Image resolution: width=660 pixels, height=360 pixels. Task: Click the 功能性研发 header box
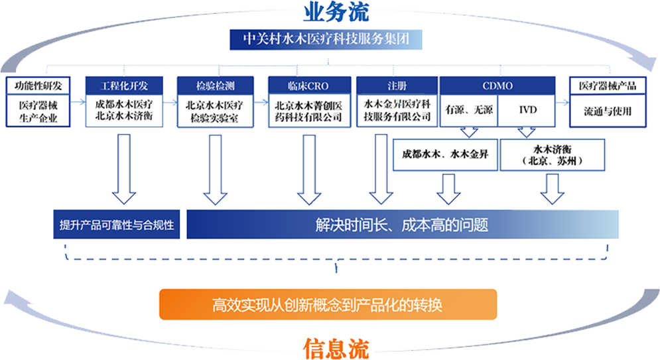coord(38,86)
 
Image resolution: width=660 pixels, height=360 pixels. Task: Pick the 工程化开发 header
coord(123,86)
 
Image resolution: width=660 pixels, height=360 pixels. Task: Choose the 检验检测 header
coord(215,86)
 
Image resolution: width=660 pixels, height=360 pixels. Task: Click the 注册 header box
coord(397,86)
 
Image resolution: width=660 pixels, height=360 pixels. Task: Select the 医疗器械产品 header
coord(608,86)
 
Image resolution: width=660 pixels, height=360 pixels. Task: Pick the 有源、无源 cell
coord(470,110)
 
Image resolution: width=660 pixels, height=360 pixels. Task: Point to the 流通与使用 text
coord(608,111)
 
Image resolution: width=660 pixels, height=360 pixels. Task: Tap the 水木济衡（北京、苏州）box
coord(553,154)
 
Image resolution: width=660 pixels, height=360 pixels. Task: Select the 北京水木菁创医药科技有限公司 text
coord(308,111)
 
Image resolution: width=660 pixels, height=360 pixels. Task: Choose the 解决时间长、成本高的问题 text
coord(402,225)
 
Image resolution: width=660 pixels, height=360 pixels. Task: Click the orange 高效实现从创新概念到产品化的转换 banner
coord(328,306)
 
